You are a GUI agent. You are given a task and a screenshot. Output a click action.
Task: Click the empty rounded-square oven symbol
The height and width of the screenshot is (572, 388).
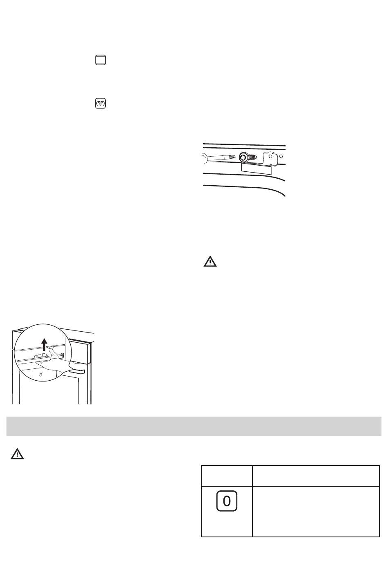pos(100,60)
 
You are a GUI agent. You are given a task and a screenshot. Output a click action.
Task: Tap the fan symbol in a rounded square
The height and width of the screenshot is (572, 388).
pos(100,104)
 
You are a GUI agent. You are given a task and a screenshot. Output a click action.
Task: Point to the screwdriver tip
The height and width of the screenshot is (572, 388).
pos(233,157)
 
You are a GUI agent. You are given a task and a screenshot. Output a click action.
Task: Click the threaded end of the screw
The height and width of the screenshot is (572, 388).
pos(253,157)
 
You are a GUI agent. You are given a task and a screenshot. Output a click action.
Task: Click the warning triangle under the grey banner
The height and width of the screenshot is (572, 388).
pos(17,454)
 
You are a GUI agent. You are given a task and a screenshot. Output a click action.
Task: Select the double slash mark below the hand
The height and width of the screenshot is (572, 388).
pos(40,373)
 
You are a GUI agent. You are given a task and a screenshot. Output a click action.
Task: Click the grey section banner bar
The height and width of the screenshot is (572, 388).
pos(194,426)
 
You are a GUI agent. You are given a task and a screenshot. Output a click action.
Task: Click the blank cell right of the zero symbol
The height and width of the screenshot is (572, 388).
pos(316,511)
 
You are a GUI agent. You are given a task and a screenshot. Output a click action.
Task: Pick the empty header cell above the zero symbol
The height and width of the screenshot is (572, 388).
pos(227,475)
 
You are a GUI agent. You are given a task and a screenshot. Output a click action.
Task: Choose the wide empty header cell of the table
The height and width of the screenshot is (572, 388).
pos(316,475)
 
